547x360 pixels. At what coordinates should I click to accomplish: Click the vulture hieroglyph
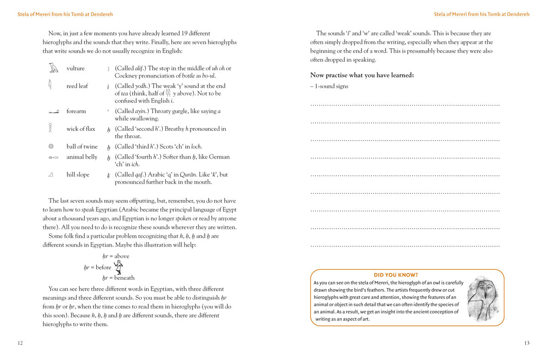tap(54, 68)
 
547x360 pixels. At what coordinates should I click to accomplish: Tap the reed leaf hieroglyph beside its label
tap(50, 85)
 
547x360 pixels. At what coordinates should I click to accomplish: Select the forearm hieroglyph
tap(54, 112)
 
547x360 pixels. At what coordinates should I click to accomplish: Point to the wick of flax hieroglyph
tap(51, 128)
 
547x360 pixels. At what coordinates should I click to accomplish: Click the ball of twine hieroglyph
tap(51, 146)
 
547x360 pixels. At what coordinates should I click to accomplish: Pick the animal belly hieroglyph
tap(53, 157)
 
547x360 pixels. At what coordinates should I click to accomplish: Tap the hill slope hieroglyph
tap(51, 175)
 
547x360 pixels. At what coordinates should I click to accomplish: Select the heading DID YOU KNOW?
tap(396, 275)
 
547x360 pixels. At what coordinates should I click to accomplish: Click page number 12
tap(20, 343)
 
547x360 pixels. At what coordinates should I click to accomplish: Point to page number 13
tap(526, 343)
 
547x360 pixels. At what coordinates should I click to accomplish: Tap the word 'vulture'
tap(75, 68)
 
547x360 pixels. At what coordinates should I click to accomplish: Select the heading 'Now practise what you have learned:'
tap(362, 75)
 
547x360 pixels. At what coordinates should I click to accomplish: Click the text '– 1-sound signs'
tap(329, 86)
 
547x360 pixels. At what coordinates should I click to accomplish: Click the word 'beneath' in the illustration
tap(124, 278)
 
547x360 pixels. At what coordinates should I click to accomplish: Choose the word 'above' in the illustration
tap(122, 256)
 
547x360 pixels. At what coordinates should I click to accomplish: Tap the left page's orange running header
tap(65, 14)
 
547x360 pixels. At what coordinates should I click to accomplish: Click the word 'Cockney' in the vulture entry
tap(125, 76)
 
